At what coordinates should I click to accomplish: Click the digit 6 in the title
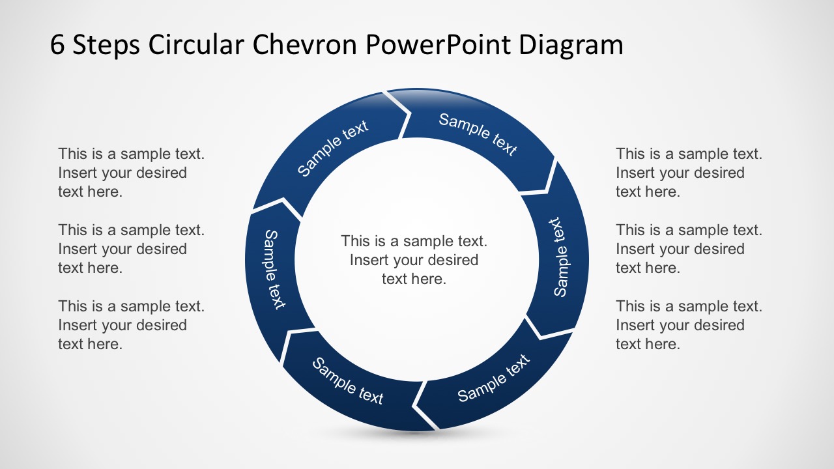58,45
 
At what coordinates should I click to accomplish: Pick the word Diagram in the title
571,46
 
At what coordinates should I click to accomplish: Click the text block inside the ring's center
414,260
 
